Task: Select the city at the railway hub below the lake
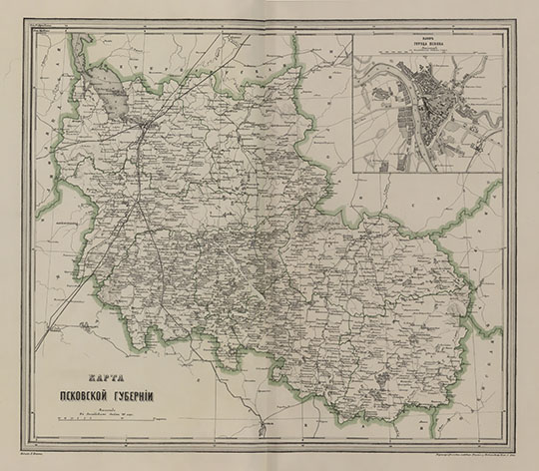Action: click(147, 125)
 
